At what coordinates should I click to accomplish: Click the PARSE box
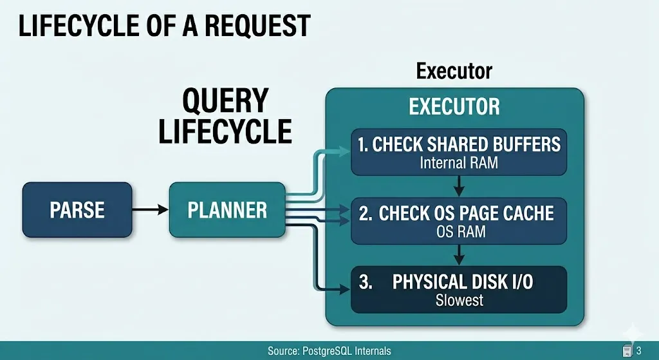(x=77, y=209)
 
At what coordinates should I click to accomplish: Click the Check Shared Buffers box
(x=459, y=151)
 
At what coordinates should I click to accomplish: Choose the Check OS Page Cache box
(x=459, y=221)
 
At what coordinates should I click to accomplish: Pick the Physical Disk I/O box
(x=459, y=289)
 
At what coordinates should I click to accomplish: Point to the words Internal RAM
(x=459, y=162)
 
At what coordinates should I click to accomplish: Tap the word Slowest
(x=459, y=300)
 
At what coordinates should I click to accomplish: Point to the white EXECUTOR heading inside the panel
(x=454, y=107)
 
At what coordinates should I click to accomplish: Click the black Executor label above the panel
(x=454, y=70)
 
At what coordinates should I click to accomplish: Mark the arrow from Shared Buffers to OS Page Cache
(x=459, y=186)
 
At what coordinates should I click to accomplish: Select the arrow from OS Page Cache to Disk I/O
(x=459, y=255)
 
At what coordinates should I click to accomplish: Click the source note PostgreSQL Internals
(x=329, y=351)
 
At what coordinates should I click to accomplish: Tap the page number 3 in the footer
(x=638, y=351)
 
